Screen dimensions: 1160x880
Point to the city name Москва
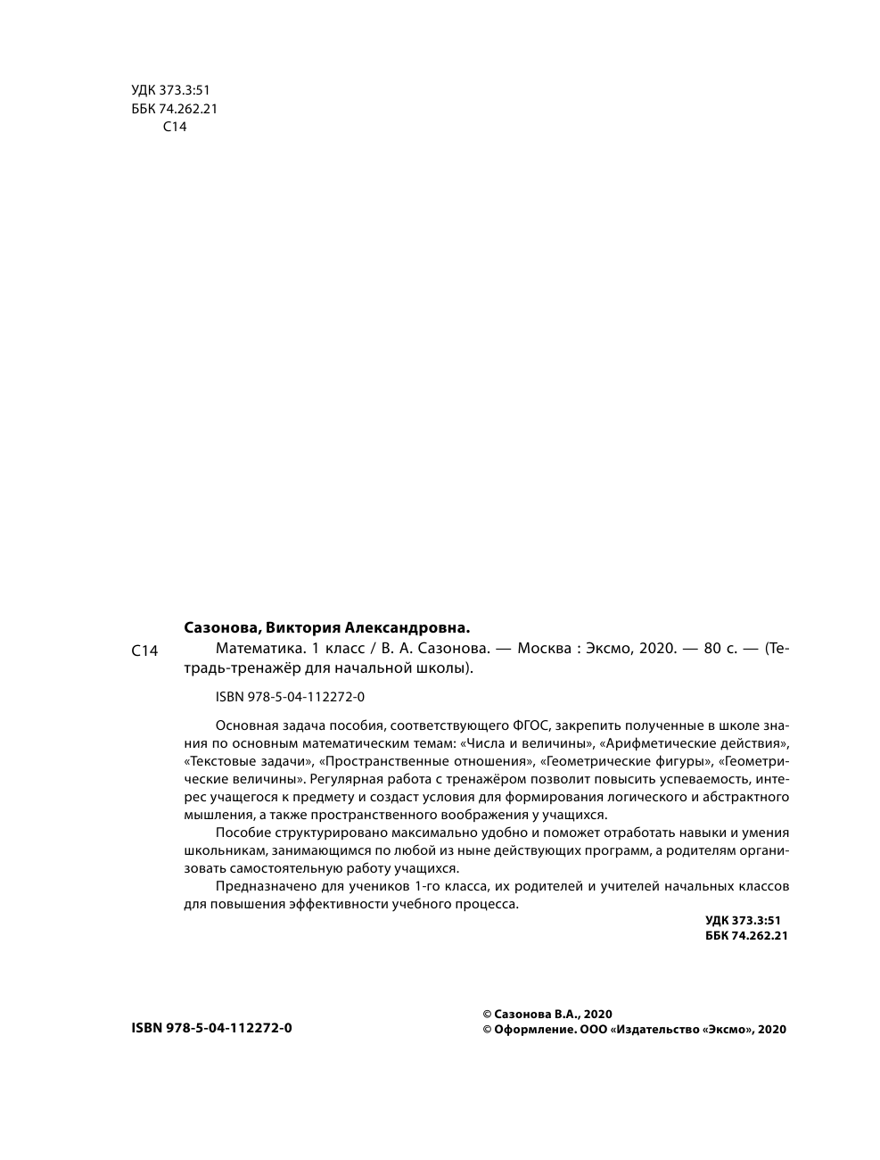pyautogui.click(x=544, y=649)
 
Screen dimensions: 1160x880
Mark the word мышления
pyautogui.click(x=215, y=815)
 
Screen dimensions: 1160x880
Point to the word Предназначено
pyautogui.click(x=262, y=886)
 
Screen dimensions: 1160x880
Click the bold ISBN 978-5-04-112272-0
pyautogui.click(x=211, y=1028)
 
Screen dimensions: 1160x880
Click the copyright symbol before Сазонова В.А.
pyautogui.click(x=487, y=1014)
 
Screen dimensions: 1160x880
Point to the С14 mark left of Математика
pyautogui.click(x=144, y=651)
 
